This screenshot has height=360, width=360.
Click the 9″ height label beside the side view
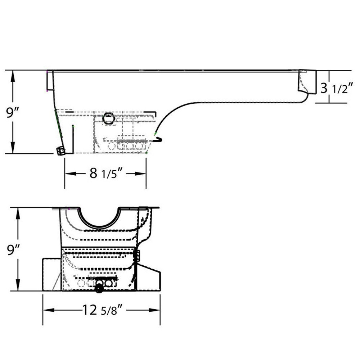coord(13,113)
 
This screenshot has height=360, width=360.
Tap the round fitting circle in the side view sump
coord(108,118)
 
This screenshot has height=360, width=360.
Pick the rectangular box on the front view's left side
coord(52,274)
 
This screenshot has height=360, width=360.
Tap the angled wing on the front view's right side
coord(149,277)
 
